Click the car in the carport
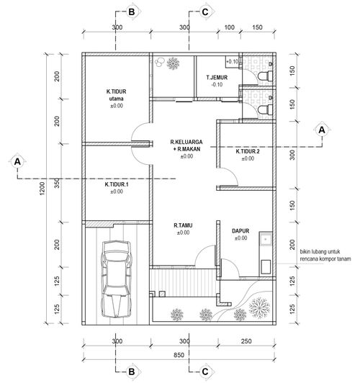(117, 279)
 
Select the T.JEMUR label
(217, 78)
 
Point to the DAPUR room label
(240, 231)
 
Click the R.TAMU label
(183, 225)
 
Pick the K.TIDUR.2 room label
(248, 151)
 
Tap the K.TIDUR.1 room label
(117, 184)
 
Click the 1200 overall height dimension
(42, 188)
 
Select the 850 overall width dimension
(179, 355)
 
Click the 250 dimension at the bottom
(246, 341)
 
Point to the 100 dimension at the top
(229, 27)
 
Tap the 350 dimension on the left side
(57, 183)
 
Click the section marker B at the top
(131, 12)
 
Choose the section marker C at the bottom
(205, 371)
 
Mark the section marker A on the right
(322, 130)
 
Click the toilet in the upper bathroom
(265, 76)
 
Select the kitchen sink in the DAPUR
(266, 238)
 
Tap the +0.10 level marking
(232, 62)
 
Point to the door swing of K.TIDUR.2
(228, 176)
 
